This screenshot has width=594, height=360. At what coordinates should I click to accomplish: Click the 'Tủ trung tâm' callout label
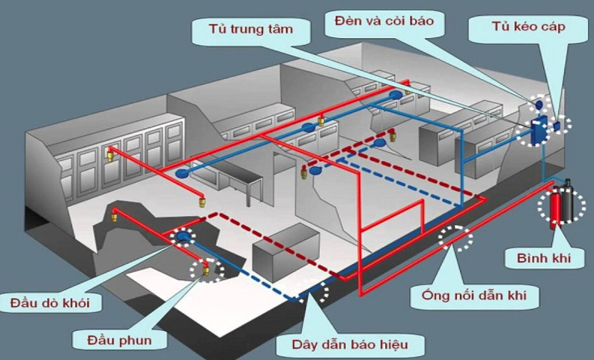[251, 29]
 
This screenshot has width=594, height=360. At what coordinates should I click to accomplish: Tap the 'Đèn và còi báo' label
[384, 21]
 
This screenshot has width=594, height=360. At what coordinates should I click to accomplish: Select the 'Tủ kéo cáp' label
[528, 27]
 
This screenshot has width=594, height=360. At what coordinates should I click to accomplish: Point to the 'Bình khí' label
[543, 258]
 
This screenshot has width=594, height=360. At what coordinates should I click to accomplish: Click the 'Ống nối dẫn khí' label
[474, 294]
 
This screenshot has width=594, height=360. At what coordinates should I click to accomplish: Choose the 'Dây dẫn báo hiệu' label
[350, 344]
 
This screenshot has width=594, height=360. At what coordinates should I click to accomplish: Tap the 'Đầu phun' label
[119, 340]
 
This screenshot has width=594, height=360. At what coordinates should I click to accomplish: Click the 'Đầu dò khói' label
[50, 303]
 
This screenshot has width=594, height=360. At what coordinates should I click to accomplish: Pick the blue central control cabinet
[538, 131]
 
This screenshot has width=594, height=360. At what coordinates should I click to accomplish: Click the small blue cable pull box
[557, 126]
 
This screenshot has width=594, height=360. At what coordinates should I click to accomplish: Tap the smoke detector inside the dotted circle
[184, 237]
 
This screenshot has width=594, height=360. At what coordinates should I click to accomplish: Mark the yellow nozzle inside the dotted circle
[206, 270]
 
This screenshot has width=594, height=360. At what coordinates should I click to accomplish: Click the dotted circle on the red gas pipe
[456, 238]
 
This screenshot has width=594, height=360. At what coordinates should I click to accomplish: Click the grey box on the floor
[286, 252]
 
